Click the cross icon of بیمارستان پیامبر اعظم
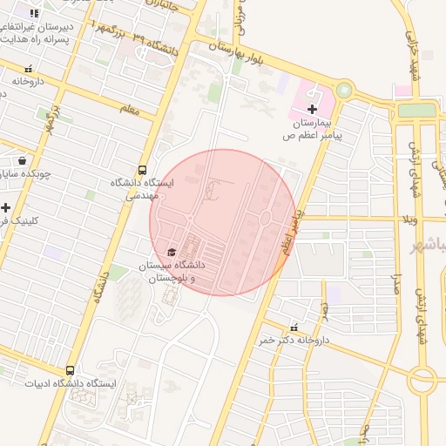[x=312, y=108]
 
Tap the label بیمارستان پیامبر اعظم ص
[x=314, y=130]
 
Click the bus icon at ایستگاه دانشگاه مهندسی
[x=142, y=170]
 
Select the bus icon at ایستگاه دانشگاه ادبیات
[x=71, y=370]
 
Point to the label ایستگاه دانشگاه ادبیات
[x=70, y=383]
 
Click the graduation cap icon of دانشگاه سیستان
[x=171, y=251]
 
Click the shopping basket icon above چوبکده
[x=22, y=160]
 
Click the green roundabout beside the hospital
[x=345, y=90]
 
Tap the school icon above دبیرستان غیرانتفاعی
[x=34, y=14]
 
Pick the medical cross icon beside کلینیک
[x=5, y=207]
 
